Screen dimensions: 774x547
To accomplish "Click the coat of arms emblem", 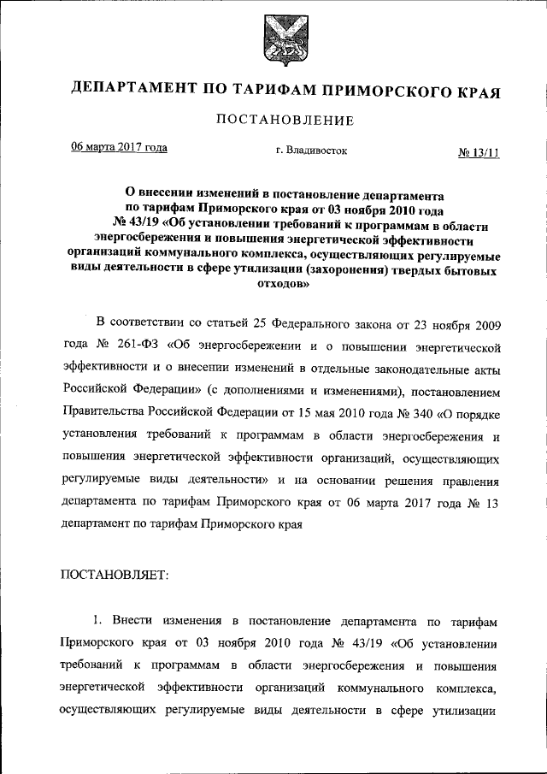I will point(273,39).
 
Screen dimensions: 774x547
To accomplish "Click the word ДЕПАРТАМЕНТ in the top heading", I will point(129,88).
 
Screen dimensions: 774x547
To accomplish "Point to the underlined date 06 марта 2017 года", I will point(119,147).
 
